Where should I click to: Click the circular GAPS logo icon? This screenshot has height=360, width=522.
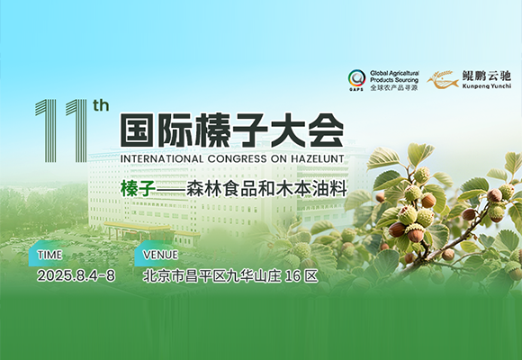click(x=356, y=78)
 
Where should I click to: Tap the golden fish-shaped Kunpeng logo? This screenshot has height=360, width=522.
click(x=443, y=80)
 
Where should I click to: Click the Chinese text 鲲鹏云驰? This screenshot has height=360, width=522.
click(x=486, y=76)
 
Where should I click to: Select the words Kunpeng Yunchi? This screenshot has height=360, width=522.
click(x=486, y=86)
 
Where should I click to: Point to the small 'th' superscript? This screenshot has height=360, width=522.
click(x=101, y=106)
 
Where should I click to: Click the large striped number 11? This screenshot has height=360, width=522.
click(x=61, y=130)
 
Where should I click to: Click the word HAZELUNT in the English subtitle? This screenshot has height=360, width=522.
click(x=318, y=158)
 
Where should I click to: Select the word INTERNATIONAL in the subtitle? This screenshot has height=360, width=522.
click(x=162, y=158)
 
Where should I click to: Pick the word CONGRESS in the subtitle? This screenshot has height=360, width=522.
click(x=237, y=158)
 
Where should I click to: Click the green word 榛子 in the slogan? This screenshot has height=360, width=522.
click(x=138, y=190)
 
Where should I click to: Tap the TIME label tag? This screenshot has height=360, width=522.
click(x=49, y=254)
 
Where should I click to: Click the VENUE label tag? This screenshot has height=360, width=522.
click(x=157, y=254)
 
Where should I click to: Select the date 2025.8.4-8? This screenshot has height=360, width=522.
click(x=76, y=275)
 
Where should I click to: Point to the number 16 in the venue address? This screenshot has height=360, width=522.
click(x=293, y=276)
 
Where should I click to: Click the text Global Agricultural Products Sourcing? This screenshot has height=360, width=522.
click(x=394, y=76)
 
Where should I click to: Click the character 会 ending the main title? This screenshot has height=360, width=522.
click(x=326, y=130)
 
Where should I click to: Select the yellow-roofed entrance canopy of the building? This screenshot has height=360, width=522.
click(x=137, y=228)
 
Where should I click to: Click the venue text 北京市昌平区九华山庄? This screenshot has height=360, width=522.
click(x=211, y=276)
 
